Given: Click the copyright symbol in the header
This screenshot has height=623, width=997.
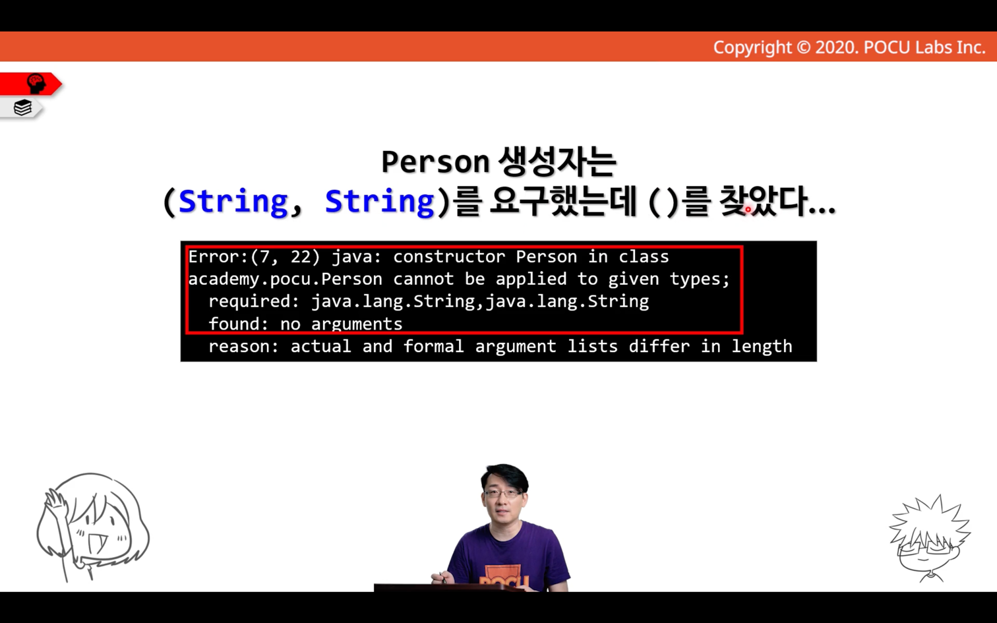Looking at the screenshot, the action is coord(803,47).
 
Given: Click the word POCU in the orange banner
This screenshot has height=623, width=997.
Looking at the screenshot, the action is coord(886,47).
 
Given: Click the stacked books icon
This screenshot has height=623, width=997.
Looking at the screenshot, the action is coord(22,107).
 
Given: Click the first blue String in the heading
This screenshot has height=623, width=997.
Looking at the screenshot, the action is coord(233,202).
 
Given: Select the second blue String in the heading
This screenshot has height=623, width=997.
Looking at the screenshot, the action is coord(380,202).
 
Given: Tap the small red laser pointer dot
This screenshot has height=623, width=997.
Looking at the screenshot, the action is coord(748,209).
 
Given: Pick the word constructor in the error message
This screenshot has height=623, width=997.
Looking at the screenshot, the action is coord(449,256).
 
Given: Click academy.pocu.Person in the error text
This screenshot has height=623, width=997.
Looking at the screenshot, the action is coord(286,280).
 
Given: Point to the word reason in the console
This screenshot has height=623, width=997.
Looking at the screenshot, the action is coord(239,346).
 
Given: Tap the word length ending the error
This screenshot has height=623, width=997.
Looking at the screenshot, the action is coord(762,346).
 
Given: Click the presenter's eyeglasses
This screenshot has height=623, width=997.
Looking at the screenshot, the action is coord(503,492).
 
